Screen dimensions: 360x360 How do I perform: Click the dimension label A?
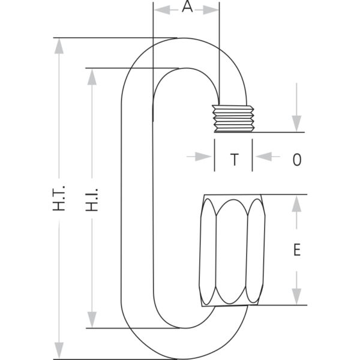pos(187,8)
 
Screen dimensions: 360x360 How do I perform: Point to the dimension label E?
pos(296,250)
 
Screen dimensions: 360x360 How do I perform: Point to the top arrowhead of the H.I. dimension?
pos(92,77)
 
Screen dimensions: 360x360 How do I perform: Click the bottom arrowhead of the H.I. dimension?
pos(92,320)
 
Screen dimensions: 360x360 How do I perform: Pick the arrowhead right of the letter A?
pos(211,9)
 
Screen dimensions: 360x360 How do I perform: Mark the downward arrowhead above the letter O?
pos(296,123)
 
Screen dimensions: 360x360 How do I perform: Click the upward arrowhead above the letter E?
pos(296,204)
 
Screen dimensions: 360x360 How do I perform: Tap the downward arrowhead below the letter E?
pos(296,296)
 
